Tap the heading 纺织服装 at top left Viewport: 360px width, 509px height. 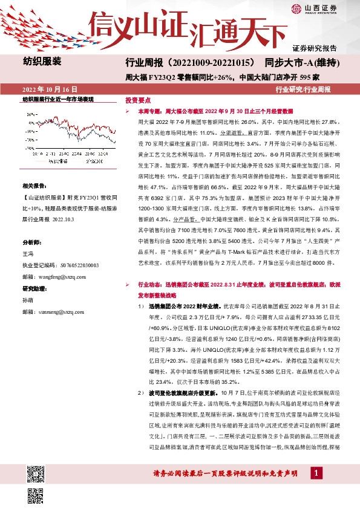coord(42,61)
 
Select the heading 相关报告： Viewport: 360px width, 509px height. coord(34,186)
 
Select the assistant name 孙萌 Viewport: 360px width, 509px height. coord(28,300)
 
